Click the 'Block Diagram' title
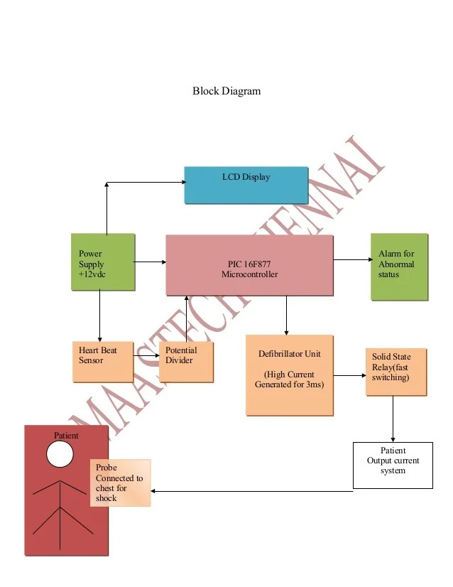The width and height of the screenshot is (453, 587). (x=226, y=91)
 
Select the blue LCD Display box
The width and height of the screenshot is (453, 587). (x=246, y=185)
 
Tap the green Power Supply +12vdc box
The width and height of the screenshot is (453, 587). (x=103, y=262)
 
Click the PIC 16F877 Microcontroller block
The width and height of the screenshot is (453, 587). (x=249, y=265)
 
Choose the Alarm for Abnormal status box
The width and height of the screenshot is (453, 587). (x=399, y=266)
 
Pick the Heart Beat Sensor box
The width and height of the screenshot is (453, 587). (x=103, y=362)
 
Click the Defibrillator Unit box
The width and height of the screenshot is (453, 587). (x=289, y=375)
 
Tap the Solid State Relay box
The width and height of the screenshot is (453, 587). (x=395, y=370)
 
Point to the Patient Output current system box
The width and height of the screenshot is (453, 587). (x=393, y=465)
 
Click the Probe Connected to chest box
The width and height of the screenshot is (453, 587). (x=121, y=483)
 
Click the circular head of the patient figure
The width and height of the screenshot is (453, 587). (x=60, y=453)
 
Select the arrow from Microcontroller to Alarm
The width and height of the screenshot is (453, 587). (x=351, y=260)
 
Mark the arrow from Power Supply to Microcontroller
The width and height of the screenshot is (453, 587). (x=150, y=262)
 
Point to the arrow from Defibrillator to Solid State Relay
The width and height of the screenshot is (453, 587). (x=349, y=375)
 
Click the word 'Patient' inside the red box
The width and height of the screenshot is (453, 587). (x=67, y=435)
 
